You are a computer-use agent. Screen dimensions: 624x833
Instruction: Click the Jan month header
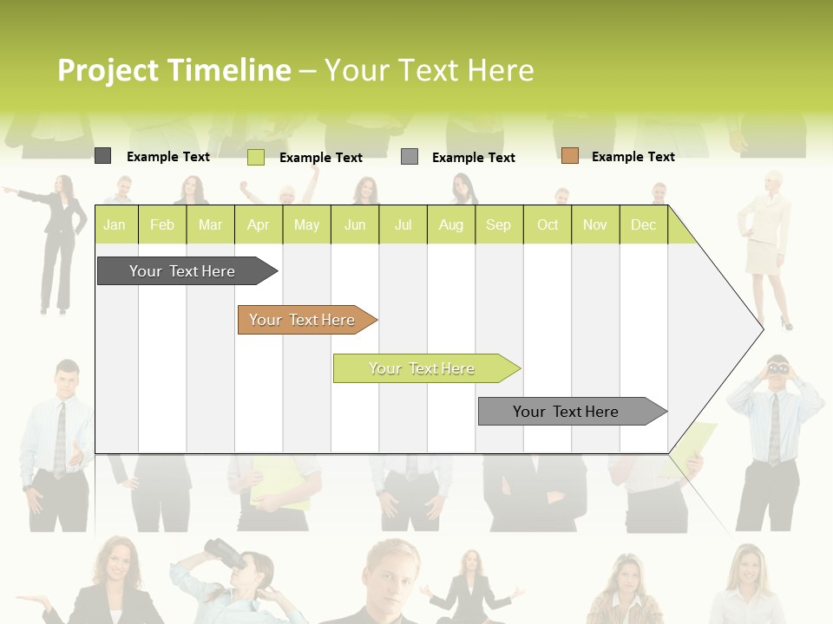115,225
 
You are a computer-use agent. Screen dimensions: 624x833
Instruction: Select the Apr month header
258,225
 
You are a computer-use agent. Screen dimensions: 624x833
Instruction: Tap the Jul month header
403,225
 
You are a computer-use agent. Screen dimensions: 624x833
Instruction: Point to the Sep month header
498,225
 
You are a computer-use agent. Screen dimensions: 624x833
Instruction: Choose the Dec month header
643,225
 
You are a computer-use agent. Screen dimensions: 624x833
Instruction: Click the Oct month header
548,225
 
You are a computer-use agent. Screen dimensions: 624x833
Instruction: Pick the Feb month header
162,225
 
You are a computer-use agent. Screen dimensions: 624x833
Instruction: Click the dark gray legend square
103,156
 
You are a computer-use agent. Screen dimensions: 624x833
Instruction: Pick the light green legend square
256,157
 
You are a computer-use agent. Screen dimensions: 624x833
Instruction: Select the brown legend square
570,156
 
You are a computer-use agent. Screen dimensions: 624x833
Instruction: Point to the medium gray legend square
410,157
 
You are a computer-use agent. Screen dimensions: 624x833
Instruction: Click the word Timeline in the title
230,70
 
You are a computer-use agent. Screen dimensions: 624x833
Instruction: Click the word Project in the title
108,70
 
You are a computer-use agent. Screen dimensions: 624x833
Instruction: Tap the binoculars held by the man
778,367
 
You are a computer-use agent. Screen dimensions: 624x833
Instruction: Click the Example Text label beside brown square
633,157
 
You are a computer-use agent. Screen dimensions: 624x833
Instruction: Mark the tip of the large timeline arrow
762,328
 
